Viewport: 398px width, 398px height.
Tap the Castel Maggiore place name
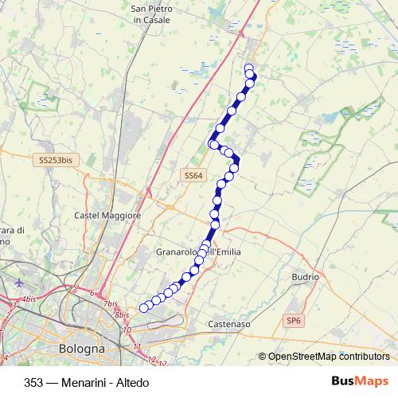[107, 216]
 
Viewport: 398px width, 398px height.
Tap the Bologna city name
[82, 349]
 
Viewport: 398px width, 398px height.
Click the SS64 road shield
[193, 175]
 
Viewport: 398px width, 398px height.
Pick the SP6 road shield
[295, 320]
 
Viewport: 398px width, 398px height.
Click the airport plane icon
[20, 283]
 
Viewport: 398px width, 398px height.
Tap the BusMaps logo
[360, 381]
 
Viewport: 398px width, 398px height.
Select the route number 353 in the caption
[34, 382]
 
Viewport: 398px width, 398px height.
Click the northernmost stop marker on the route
[249, 68]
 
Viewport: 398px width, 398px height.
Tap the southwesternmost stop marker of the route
[144, 308]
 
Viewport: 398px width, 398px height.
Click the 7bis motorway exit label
[111, 304]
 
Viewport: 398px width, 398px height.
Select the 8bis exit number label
[122, 315]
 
